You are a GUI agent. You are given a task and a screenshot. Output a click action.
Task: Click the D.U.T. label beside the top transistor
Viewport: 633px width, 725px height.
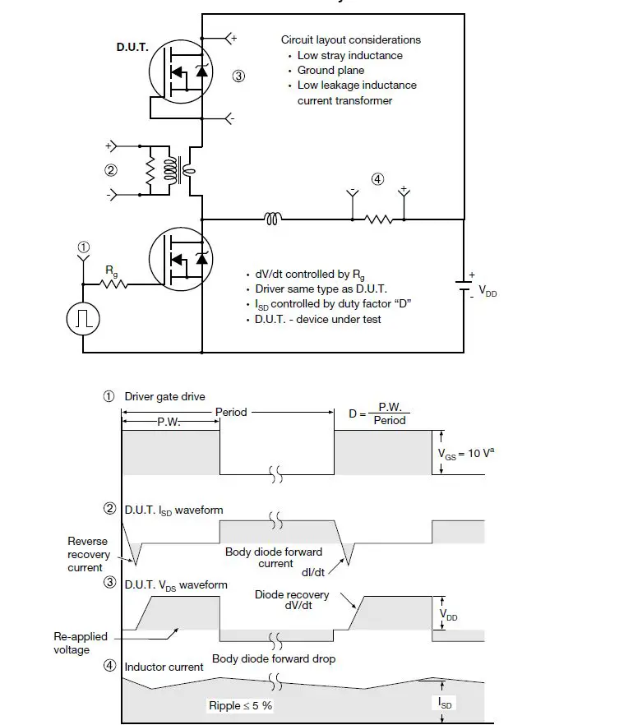click(x=132, y=48)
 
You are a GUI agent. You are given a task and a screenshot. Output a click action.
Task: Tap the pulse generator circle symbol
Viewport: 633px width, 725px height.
click(x=83, y=319)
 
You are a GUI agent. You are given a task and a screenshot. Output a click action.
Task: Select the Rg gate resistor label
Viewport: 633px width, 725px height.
click(x=110, y=270)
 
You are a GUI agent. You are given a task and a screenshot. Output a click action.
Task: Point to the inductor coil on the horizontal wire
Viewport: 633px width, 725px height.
click(x=273, y=219)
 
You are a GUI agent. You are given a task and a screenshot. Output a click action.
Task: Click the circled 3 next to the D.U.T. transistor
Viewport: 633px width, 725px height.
click(x=238, y=76)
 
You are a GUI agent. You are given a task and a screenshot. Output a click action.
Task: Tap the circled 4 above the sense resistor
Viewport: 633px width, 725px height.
click(x=377, y=179)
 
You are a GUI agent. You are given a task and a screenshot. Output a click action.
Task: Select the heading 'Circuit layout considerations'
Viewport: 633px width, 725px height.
click(x=350, y=40)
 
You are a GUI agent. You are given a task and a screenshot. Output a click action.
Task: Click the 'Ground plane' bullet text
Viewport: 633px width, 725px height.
click(x=330, y=71)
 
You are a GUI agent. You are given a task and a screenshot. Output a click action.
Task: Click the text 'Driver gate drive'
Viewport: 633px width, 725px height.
click(x=164, y=396)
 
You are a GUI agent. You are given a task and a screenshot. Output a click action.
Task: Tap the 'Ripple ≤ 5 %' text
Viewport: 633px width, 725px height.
click(x=240, y=705)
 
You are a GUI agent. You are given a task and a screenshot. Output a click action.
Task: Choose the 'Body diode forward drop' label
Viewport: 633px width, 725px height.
click(x=274, y=658)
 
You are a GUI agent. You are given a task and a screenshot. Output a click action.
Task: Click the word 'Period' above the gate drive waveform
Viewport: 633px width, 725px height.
click(x=231, y=412)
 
